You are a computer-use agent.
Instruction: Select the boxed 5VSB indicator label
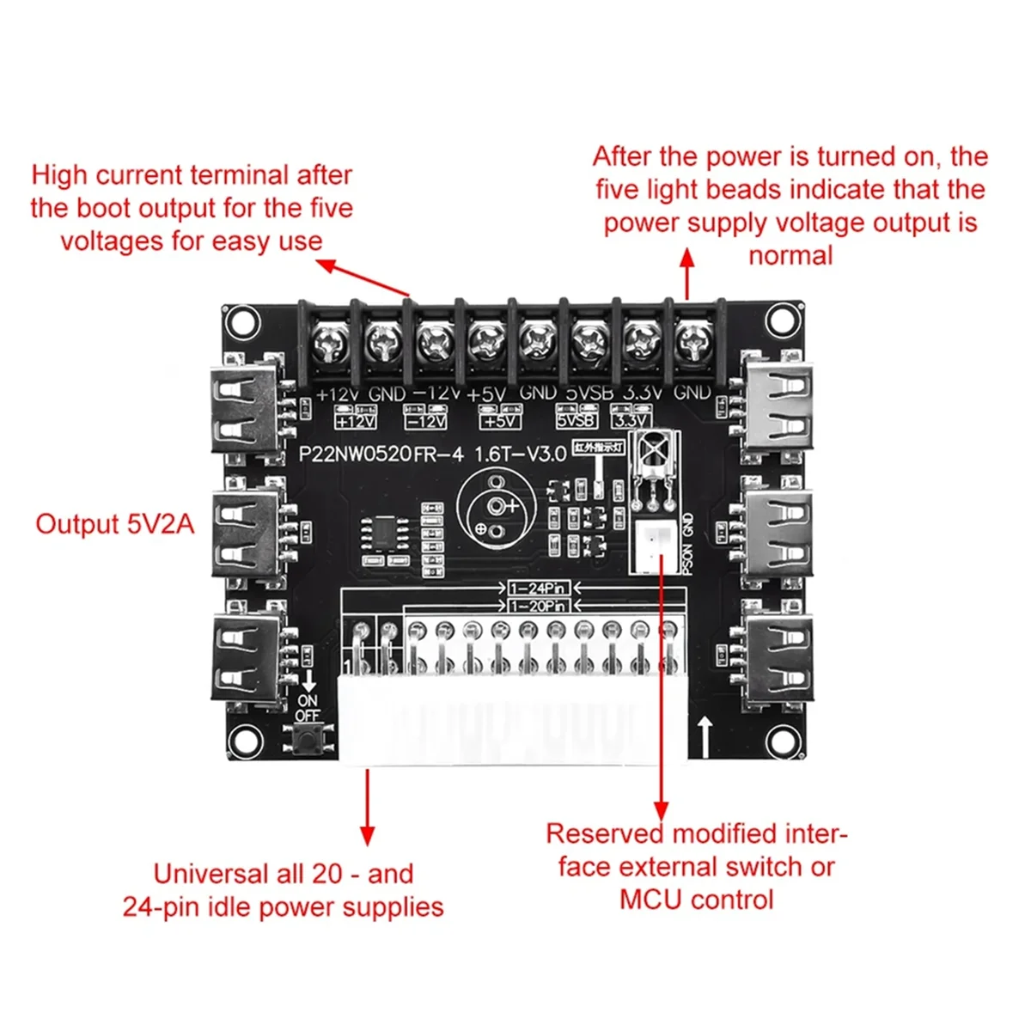click(x=577, y=420)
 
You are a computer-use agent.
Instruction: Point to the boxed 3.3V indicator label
click(x=631, y=420)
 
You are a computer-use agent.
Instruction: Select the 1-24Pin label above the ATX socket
click(x=538, y=589)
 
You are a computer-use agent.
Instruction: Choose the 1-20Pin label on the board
click(x=538, y=606)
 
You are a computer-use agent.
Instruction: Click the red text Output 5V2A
click(x=115, y=524)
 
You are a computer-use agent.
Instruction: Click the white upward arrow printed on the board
click(x=706, y=737)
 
